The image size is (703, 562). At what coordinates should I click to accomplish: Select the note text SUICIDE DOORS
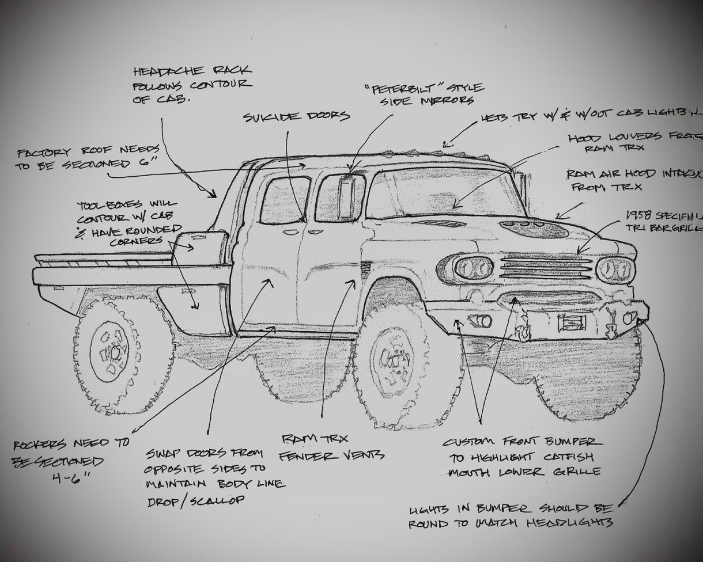point(296,116)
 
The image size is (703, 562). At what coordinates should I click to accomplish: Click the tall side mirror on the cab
point(351,199)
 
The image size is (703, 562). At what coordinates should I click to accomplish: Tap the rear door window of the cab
point(285,200)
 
